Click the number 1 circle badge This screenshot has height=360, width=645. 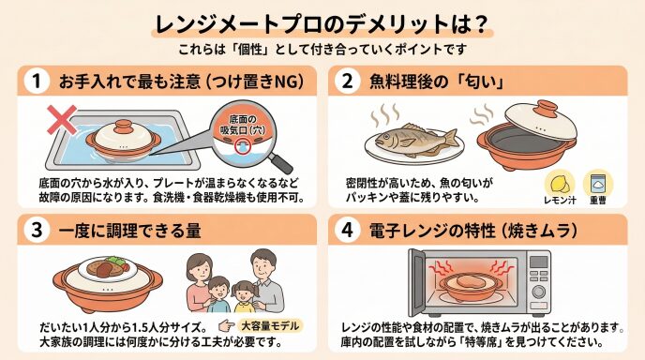point(37,81)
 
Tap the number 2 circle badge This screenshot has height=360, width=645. point(348,81)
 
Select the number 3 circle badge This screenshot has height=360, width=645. point(37,230)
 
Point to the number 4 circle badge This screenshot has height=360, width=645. point(348,230)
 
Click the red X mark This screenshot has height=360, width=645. point(62,120)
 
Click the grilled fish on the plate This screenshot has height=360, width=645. point(416,138)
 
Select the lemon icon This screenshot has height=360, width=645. point(560,183)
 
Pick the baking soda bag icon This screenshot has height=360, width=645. point(598,184)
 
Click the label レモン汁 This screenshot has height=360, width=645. point(560,201)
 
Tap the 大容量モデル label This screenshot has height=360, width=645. point(270,326)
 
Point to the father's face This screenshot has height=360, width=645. point(263,267)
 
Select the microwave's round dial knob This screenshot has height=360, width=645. point(538,291)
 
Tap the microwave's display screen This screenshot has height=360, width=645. point(538,262)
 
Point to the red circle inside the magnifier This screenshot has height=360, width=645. point(242,147)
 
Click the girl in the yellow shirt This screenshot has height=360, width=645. point(245,297)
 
